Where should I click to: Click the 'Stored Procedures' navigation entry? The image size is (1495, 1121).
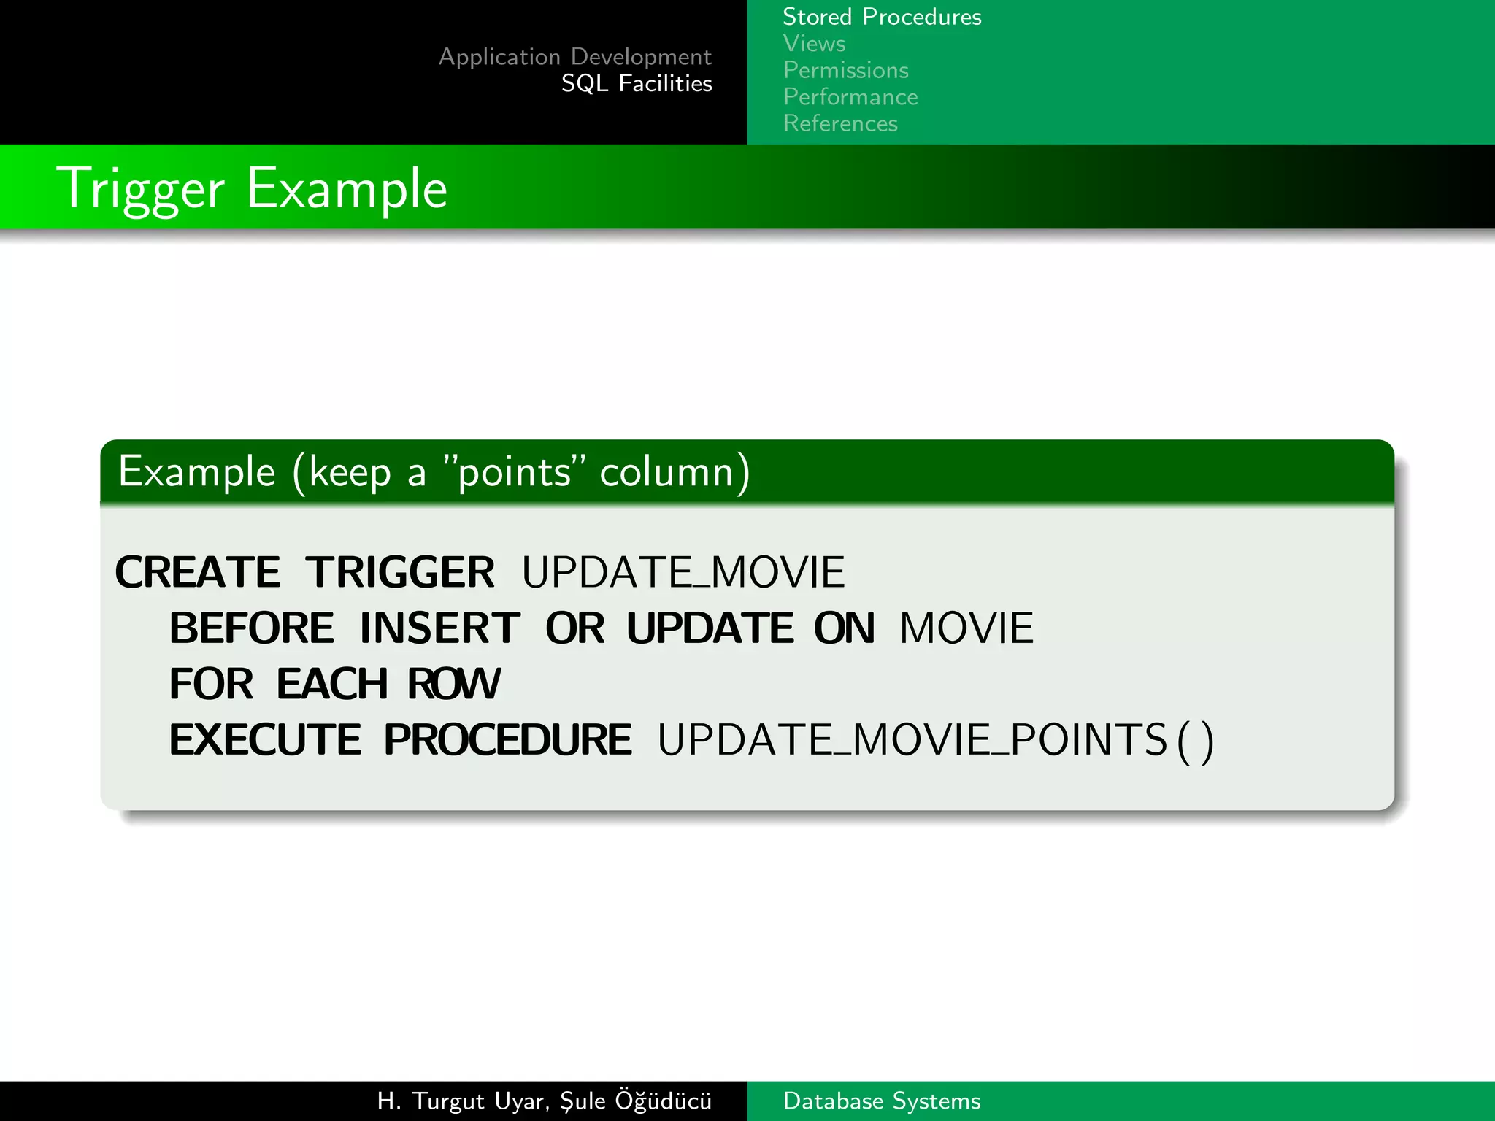pyautogui.click(x=882, y=17)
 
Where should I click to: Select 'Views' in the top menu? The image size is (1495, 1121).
pyautogui.click(x=814, y=44)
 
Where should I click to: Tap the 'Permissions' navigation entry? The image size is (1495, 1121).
pyautogui.click(x=845, y=70)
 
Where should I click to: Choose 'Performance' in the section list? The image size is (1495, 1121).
pyautogui.click(x=850, y=97)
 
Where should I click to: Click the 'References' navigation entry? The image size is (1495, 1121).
pyautogui.click(x=840, y=123)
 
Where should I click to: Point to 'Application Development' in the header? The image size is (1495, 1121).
pyautogui.click(x=575, y=57)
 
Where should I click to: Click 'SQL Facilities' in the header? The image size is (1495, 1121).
pyautogui.click(x=637, y=84)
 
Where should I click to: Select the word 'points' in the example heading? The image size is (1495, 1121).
pyautogui.click(x=514, y=472)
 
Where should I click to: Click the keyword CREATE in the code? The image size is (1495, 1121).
pyautogui.click(x=198, y=571)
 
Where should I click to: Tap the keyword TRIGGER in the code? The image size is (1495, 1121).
pyautogui.click(x=400, y=571)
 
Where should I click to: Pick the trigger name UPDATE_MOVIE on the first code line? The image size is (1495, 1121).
pyautogui.click(x=683, y=571)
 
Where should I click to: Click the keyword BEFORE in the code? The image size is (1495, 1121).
pyautogui.click(x=252, y=628)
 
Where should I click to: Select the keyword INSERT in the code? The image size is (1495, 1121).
pyautogui.click(x=440, y=628)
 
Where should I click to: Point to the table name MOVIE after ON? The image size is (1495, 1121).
pyautogui.click(x=966, y=628)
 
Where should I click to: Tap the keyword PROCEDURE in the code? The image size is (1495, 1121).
pyautogui.click(x=508, y=739)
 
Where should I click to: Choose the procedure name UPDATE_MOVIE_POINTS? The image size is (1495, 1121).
pyautogui.click(x=912, y=739)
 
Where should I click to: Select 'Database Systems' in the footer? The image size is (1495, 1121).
pyautogui.click(x=882, y=1101)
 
